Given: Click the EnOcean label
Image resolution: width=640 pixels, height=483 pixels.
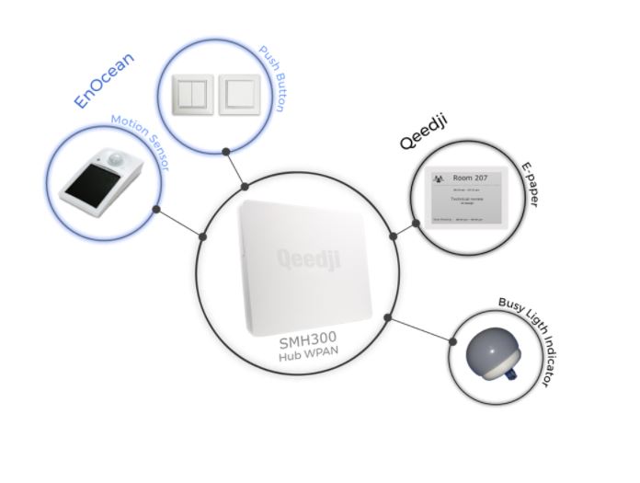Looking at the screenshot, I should point(104,81).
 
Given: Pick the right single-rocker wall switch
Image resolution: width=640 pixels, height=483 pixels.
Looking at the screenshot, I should point(239,94).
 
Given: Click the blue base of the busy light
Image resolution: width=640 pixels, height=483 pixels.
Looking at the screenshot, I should point(505,374).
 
